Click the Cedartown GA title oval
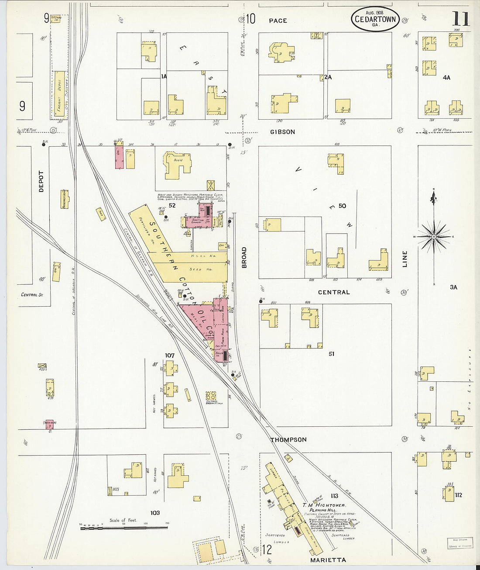click(x=375, y=19)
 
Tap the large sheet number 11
click(x=460, y=19)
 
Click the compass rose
click(x=434, y=237)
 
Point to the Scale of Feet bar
click(x=124, y=528)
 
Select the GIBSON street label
click(x=282, y=132)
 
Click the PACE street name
click(x=278, y=21)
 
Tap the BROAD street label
click(x=244, y=257)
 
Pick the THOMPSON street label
click(x=288, y=440)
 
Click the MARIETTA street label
click(x=328, y=560)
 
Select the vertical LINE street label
click(x=405, y=259)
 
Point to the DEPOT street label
click(x=41, y=182)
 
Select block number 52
click(x=172, y=205)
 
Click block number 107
click(x=170, y=356)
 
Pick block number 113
click(x=334, y=496)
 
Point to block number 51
click(x=331, y=354)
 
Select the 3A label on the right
click(x=453, y=287)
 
